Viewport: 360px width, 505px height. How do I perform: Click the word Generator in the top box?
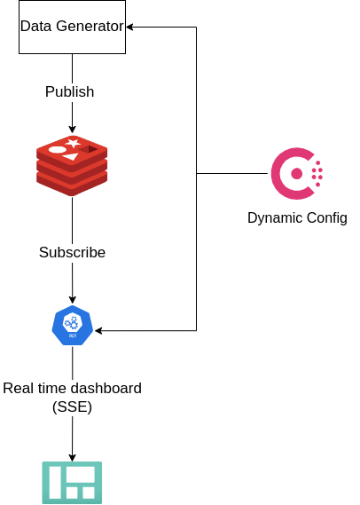(89, 27)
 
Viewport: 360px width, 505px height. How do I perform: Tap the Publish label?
(69, 91)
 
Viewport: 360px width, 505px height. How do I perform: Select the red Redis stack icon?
(72, 166)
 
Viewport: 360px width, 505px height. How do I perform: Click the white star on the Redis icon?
(73, 142)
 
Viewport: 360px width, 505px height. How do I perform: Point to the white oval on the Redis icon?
(57, 150)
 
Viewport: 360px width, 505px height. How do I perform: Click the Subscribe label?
(72, 252)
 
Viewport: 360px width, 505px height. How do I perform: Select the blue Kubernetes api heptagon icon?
(72, 325)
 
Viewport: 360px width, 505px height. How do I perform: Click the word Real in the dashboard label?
(19, 388)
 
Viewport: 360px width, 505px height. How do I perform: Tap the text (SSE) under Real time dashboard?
(72, 406)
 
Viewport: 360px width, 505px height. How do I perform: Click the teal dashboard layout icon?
(72, 482)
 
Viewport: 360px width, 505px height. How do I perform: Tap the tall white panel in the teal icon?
(55, 482)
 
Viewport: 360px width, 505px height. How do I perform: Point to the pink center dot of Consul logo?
(297, 174)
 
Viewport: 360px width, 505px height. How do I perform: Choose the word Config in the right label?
(326, 217)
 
